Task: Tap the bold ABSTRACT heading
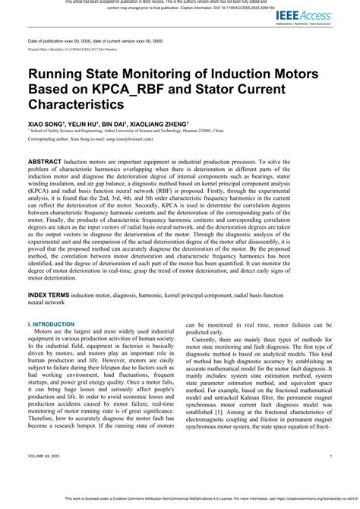coord(50,163)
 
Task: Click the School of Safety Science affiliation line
coord(114,130)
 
